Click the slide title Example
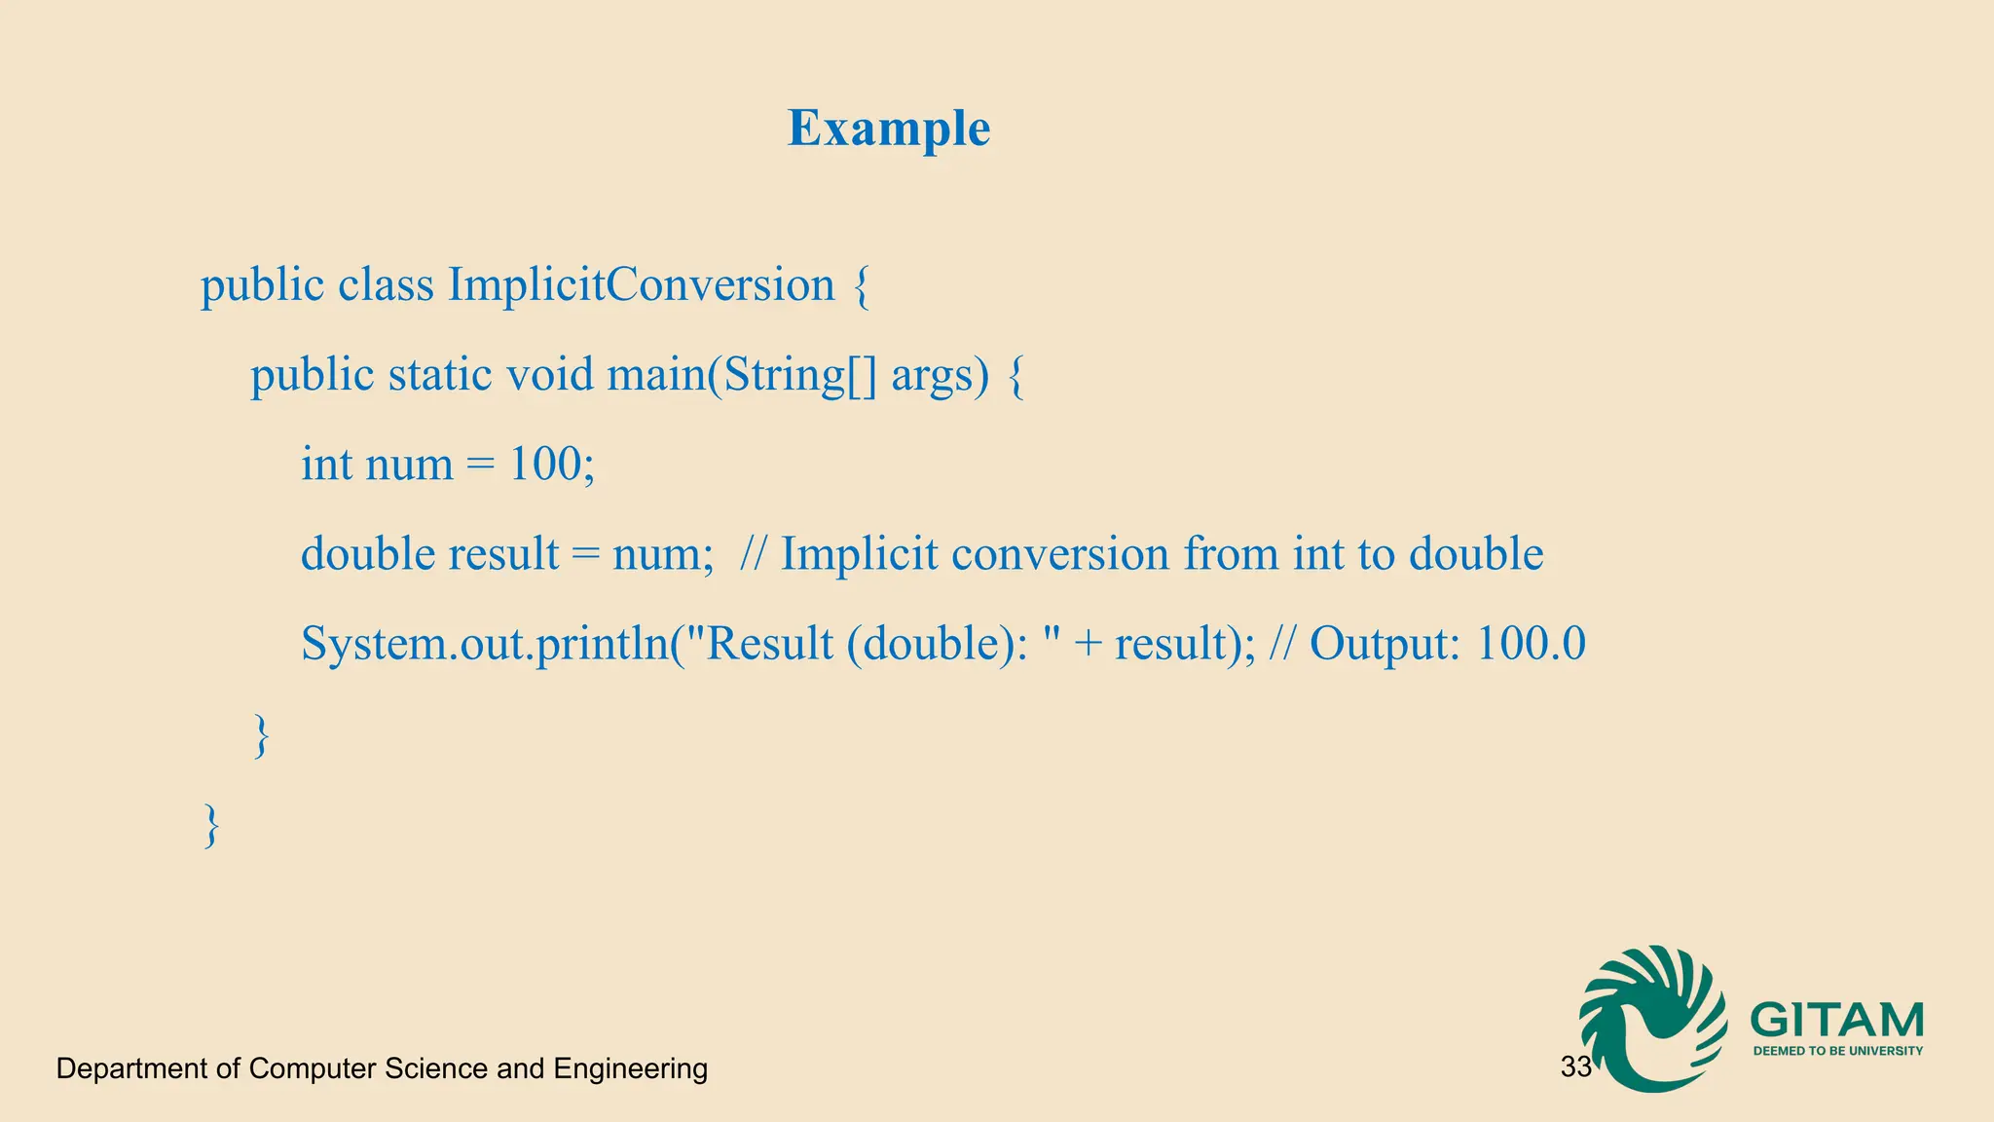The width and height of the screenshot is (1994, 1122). [x=889, y=129]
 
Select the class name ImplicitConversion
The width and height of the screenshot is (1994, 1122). [x=641, y=285]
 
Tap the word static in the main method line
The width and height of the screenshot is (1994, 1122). [x=439, y=375]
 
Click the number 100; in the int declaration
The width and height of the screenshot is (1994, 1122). [x=552, y=464]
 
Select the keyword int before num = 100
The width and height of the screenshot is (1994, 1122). [x=326, y=464]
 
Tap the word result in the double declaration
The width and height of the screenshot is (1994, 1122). [x=503, y=554]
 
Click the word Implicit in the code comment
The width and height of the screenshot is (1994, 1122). [x=859, y=554]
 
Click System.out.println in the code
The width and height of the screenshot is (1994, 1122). [x=485, y=644]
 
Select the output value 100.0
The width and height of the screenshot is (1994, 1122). [x=1531, y=644]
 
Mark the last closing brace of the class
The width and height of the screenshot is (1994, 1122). [x=211, y=825]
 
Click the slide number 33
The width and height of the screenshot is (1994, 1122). [x=1575, y=1067]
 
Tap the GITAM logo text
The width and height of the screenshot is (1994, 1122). [x=1836, y=1020]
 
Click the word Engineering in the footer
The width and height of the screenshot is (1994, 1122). [x=630, y=1068]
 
